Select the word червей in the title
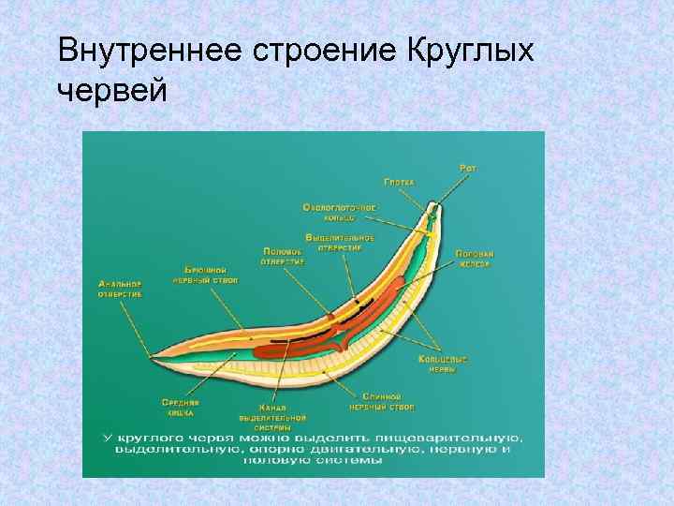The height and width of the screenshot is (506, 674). pos(112,91)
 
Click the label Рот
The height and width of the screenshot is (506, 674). pos(467,168)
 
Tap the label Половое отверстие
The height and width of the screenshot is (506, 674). pos(283,257)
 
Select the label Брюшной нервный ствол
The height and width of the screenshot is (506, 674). pos(205,275)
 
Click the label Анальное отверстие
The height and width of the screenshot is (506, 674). pos(120,289)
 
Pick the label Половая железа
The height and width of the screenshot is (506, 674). pos(475,259)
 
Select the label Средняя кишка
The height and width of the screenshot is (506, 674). pos(180,407)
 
